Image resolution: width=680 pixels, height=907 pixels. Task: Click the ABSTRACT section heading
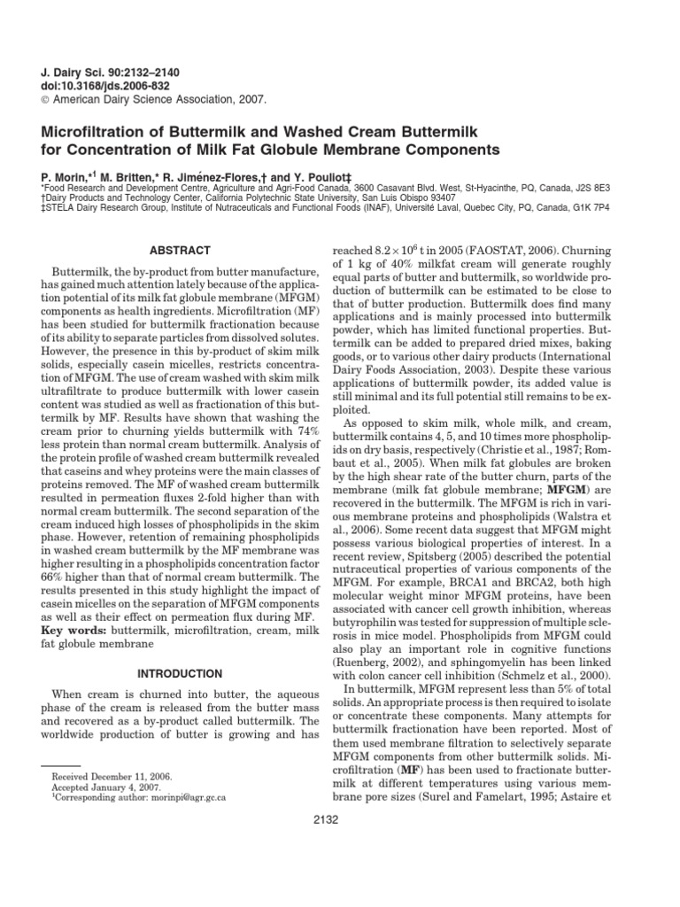[181, 251]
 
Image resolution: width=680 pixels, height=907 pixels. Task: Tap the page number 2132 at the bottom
[340, 819]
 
